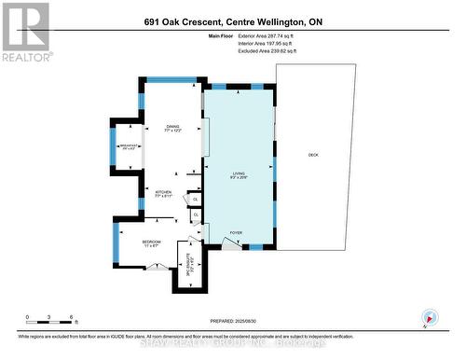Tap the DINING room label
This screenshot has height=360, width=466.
tap(172, 130)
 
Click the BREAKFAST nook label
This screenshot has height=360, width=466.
tap(129, 146)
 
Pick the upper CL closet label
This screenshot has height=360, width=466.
tap(195, 199)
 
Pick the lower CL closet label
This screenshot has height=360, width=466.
tap(195, 217)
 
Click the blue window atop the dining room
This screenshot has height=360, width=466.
tap(172, 79)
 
